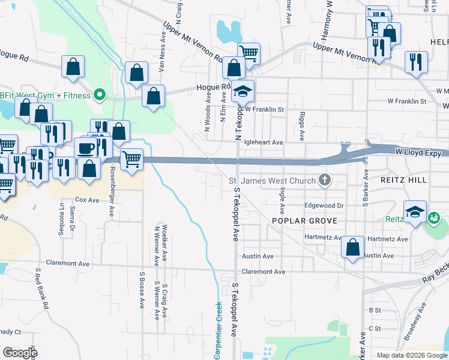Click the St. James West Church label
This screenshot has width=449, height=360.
click(272, 181)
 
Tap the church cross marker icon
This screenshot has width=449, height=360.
click(325, 180)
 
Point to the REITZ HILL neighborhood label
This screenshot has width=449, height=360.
click(403, 180)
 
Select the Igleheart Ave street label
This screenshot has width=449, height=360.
click(264, 142)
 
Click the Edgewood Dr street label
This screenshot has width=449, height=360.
click(324, 205)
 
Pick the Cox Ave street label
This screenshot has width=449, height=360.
click(86, 199)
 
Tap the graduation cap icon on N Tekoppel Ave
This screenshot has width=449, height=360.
click(243, 92)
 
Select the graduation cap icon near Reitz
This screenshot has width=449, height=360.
click(415, 212)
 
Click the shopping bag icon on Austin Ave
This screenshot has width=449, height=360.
click(353, 247)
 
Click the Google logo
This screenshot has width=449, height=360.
click(20, 353)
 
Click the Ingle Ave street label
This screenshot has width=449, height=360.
click(282, 200)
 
